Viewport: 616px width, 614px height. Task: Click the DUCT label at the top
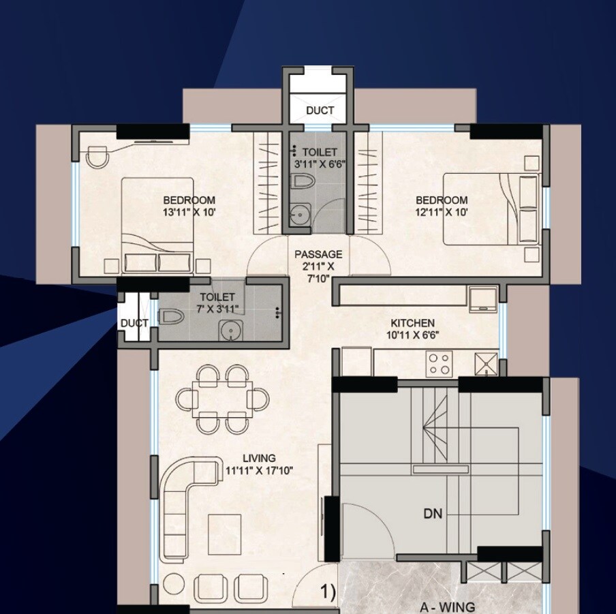click(x=320, y=110)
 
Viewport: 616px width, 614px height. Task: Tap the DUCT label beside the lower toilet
click(x=134, y=323)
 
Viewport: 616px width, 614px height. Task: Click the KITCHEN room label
click(x=412, y=322)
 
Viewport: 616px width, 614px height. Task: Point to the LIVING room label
click(x=259, y=458)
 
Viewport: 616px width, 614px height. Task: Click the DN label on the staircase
click(x=432, y=514)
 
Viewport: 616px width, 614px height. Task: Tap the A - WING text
click(x=447, y=607)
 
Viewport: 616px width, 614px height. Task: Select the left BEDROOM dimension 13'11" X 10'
click(x=189, y=212)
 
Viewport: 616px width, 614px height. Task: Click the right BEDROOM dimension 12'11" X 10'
click(x=442, y=212)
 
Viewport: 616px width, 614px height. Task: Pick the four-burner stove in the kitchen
click(x=440, y=363)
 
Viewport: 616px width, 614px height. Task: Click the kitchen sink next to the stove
click(x=486, y=363)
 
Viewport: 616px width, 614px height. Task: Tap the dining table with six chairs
click(x=219, y=399)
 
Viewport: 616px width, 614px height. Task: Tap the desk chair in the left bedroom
click(x=97, y=157)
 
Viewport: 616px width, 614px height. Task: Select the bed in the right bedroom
click(x=477, y=209)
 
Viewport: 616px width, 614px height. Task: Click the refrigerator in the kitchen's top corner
click(x=482, y=298)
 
